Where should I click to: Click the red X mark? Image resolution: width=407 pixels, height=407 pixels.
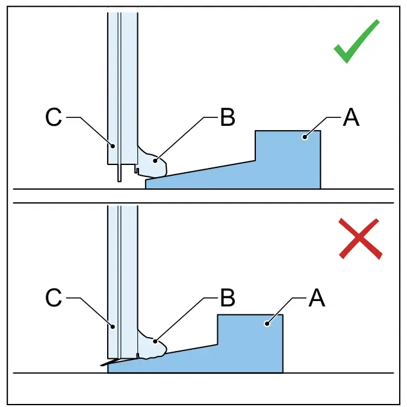360,238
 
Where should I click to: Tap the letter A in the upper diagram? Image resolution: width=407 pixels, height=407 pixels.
351,117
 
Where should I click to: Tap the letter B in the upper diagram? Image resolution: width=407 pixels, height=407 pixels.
228,117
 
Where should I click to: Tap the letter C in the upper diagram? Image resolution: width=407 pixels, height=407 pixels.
54,117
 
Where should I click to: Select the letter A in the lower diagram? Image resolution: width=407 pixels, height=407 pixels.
317,298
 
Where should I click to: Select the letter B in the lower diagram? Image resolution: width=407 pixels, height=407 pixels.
228,298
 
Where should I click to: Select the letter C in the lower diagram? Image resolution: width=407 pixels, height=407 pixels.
54,298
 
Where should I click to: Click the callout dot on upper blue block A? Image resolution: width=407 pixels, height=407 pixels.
305,137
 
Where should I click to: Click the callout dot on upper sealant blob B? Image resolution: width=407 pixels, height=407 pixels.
155,161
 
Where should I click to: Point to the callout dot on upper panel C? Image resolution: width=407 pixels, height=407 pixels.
113,146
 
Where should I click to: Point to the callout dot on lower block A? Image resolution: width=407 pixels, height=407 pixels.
267,323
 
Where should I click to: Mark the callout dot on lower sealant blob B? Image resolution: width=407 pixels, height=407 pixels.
155,341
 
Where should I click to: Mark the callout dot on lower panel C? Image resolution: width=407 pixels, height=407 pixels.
113,326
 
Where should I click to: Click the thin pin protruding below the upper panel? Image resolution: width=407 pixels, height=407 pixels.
119,173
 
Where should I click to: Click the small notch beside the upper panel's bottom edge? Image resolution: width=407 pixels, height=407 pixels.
137,170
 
